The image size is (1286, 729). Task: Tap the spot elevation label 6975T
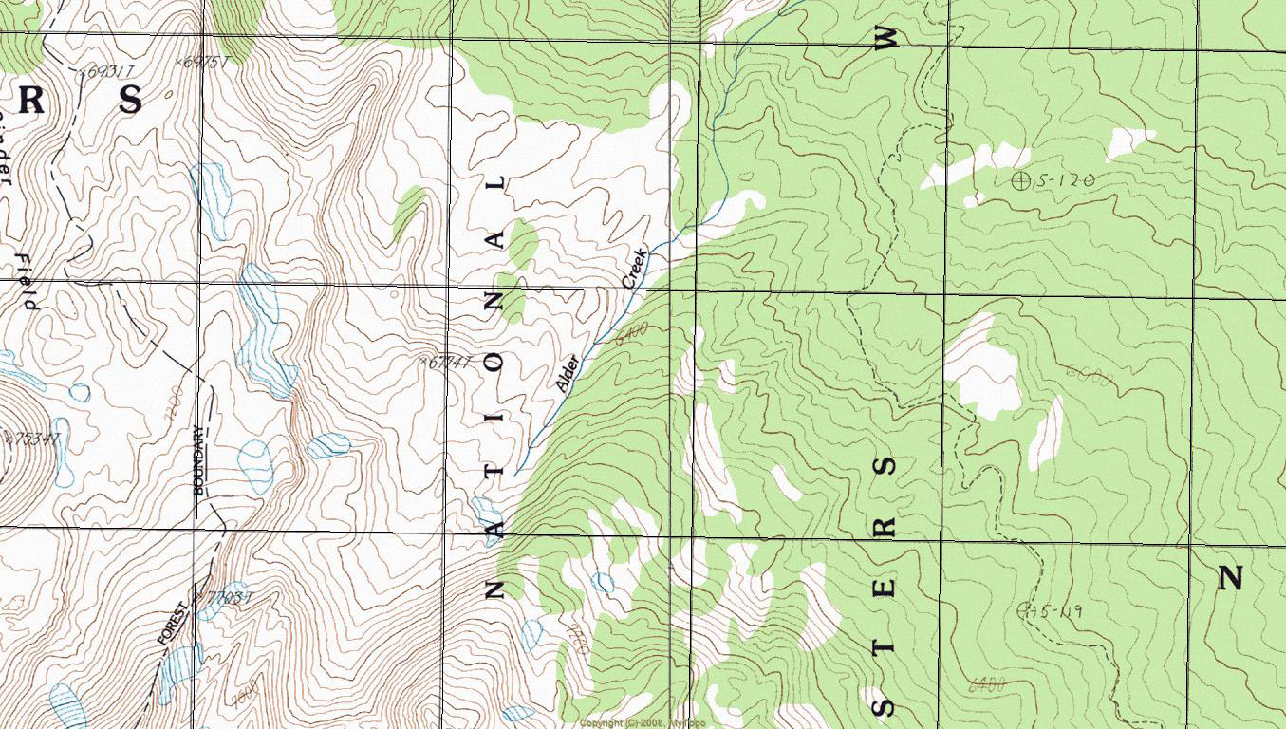click(205, 62)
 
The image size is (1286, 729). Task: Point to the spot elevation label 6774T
click(446, 362)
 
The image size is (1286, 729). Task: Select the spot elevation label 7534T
click(32, 438)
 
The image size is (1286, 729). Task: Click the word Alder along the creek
click(566, 373)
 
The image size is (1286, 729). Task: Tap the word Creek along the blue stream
click(633, 269)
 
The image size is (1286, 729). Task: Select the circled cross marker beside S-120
click(1021, 179)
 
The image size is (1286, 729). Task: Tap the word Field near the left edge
click(28, 282)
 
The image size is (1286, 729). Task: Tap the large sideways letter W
click(885, 38)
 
